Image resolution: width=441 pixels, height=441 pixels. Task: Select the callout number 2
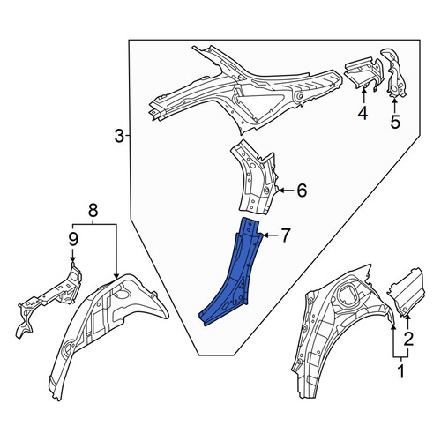point(408,339)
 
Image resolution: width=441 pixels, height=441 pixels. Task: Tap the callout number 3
point(119,136)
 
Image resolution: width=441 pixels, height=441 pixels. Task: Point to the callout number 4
point(363,113)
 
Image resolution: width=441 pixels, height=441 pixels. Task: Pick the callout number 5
point(395,122)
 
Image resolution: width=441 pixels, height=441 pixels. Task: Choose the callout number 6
point(302,191)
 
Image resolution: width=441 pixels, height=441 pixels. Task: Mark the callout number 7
point(285,235)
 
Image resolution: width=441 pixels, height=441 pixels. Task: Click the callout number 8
point(93,211)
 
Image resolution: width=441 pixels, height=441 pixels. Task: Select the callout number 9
point(73,239)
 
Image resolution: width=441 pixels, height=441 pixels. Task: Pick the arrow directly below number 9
point(72,254)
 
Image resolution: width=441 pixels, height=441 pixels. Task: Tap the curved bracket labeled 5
point(393,73)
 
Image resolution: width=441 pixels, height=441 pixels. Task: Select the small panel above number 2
point(406,292)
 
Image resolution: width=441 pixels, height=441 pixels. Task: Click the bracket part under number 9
point(50,298)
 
